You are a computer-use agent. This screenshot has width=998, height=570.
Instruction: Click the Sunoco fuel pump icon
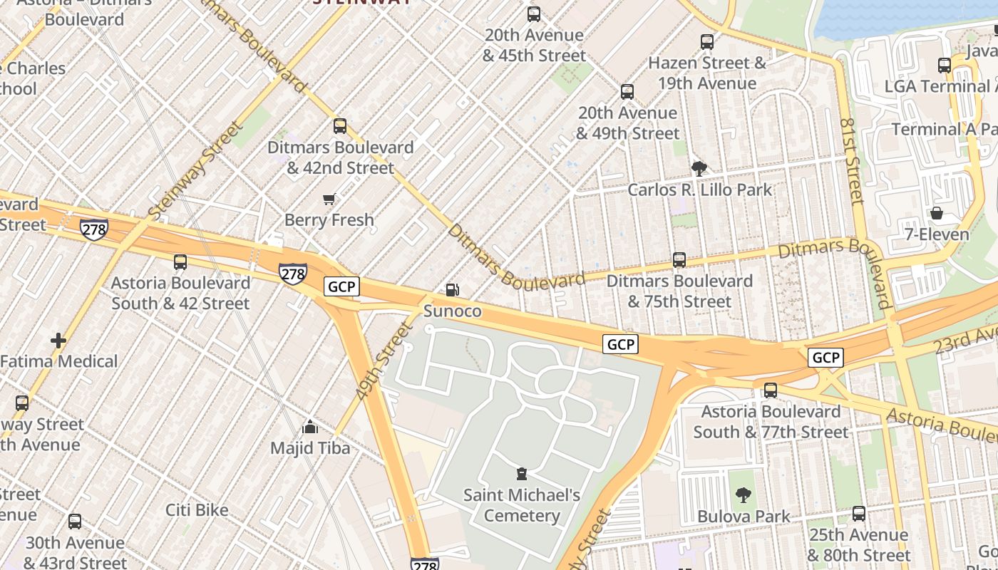pos(452,290)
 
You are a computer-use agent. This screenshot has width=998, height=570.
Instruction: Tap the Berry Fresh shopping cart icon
pos(329,199)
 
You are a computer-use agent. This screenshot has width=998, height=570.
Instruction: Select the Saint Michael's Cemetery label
pos(522,505)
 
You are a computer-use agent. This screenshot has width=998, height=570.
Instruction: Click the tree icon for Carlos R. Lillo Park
pos(699,169)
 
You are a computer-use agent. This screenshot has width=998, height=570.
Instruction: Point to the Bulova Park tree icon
pos(743,495)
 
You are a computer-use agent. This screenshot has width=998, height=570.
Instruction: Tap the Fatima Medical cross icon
pos(58,341)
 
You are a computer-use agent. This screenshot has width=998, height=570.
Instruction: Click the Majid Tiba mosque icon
pos(310,427)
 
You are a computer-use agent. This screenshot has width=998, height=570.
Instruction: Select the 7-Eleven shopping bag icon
pos(937,213)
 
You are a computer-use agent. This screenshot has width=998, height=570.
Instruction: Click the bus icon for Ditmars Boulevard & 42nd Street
pos(340,126)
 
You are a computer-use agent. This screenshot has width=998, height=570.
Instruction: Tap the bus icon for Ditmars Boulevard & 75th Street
pos(679,260)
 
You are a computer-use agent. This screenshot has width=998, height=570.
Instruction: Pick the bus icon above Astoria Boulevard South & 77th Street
pos(771,390)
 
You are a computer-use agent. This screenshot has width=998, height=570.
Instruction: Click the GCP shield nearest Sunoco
pos(341,286)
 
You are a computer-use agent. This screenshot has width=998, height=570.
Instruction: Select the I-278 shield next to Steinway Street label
pos(94,229)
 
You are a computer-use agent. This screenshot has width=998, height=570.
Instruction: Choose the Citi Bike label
pos(197,510)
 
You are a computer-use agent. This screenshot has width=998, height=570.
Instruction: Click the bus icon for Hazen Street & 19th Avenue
pos(707,42)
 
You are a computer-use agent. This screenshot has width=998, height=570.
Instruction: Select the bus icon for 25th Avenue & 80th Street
pos(859,514)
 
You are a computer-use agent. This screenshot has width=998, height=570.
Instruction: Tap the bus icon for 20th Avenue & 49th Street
pos(627,92)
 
